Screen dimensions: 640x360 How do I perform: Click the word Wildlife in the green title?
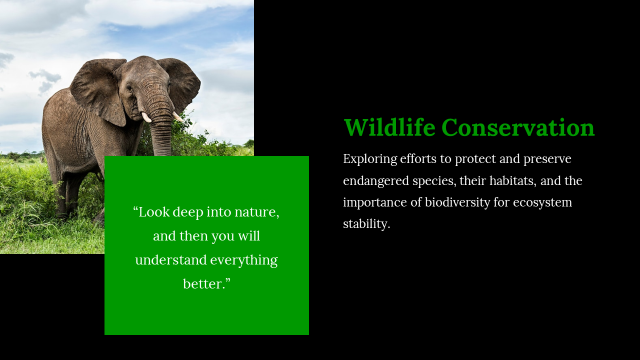point(389,127)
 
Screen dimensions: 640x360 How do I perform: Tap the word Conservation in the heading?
point(518,127)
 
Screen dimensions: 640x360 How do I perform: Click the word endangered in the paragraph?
point(376,181)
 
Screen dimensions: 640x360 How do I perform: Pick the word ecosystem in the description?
point(542,203)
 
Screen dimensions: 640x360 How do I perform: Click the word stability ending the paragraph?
point(366,224)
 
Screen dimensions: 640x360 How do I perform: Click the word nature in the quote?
point(257,212)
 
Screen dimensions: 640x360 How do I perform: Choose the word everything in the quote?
point(244,260)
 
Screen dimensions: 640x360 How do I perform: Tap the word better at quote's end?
point(204,284)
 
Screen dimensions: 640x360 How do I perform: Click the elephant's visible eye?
point(129,88)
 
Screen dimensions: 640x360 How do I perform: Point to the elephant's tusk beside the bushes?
point(177,116)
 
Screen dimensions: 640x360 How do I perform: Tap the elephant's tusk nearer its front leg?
point(146,117)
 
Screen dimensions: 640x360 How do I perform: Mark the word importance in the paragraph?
point(375,203)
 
